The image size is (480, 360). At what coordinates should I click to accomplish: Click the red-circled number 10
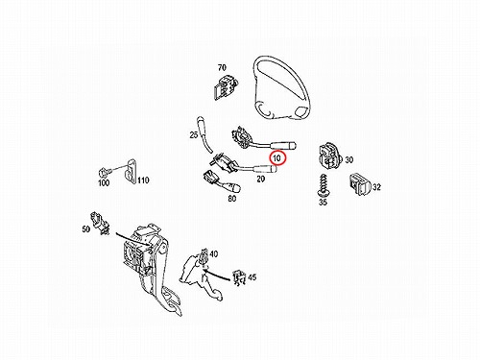[277, 157]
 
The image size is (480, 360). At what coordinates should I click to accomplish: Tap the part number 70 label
[222, 68]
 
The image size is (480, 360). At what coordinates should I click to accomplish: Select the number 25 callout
[194, 135]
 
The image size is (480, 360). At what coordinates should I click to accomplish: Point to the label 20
[261, 179]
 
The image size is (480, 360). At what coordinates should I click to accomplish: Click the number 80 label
[232, 199]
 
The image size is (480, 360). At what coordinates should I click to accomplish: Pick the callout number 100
[104, 182]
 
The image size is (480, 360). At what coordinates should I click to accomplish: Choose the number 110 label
[143, 180]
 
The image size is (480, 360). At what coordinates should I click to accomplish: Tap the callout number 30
[348, 159]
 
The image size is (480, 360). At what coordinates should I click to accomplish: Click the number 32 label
[376, 187]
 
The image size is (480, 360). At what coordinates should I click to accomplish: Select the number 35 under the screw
[323, 203]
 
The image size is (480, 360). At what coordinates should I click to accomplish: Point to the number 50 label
[86, 229]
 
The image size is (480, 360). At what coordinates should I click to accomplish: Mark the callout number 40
[213, 254]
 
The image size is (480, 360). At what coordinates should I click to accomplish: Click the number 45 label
[252, 277]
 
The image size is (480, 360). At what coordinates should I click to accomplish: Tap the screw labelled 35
[323, 185]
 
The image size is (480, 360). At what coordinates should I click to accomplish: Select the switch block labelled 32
[360, 184]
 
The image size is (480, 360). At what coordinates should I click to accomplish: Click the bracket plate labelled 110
[130, 172]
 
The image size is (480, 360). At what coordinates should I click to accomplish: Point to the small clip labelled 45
[239, 276]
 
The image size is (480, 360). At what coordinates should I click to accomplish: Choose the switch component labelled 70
[225, 87]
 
